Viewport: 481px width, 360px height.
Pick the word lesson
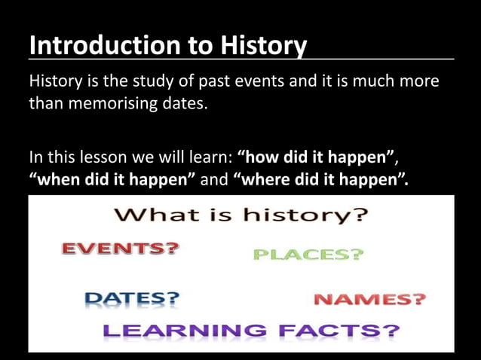point(100,159)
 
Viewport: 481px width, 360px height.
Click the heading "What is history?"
point(240,216)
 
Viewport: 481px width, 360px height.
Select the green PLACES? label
point(308,255)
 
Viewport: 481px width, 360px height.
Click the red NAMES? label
point(369,299)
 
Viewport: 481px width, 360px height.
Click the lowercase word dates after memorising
point(179,104)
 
